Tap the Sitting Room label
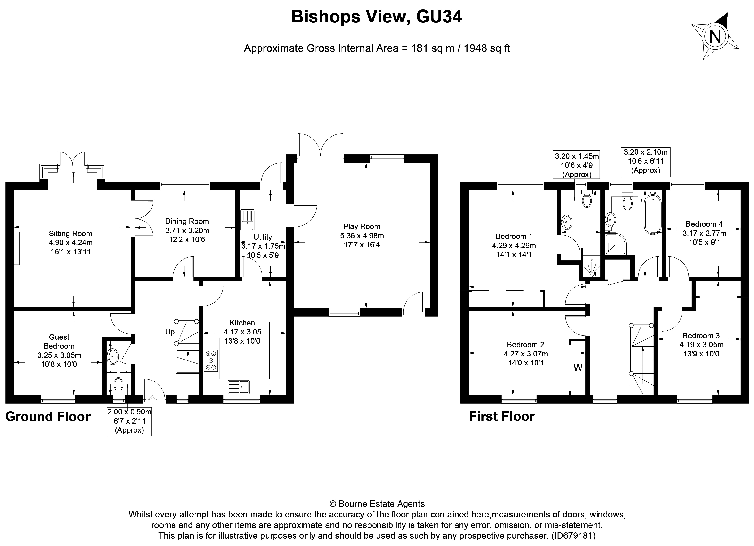(x=70, y=234)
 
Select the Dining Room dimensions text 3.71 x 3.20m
(x=187, y=230)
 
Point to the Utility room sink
(x=247, y=220)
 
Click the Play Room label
(x=362, y=226)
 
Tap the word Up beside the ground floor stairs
(x=170, y=332)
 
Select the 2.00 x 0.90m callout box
(x=129, y=421)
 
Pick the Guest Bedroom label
(x=59, y=342)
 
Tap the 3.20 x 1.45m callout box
(x=576, y=165)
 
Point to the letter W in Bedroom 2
(x=578, y=368)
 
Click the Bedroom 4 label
(x=704, y=224)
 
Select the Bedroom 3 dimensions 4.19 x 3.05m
(x=701, y=345)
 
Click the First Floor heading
(x=501, y=416)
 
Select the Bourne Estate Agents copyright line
(x=377, y=504)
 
